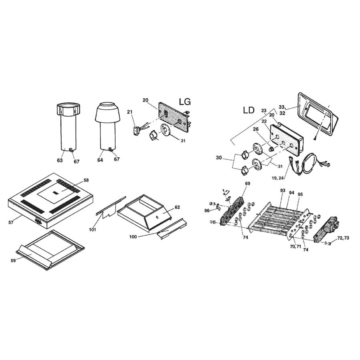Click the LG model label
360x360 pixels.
pyautogui.click(x=185, y=103)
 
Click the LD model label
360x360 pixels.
pyautogui.click(x=249, y=110)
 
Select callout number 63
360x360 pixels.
pyautogui.click(x=60, y=160)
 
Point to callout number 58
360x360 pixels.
pyautogui.click(x=86, y=180)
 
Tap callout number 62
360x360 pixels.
pyautogui.click(x=178, y=207)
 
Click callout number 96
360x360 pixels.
pyautogui.click(x=207, y=210)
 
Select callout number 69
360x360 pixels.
pyautogui.click(x=248, y=183)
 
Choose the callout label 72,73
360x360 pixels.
pyautogui.click(x=343, y=238)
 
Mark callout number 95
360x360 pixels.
pyautogui.click(x=300, y=194)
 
